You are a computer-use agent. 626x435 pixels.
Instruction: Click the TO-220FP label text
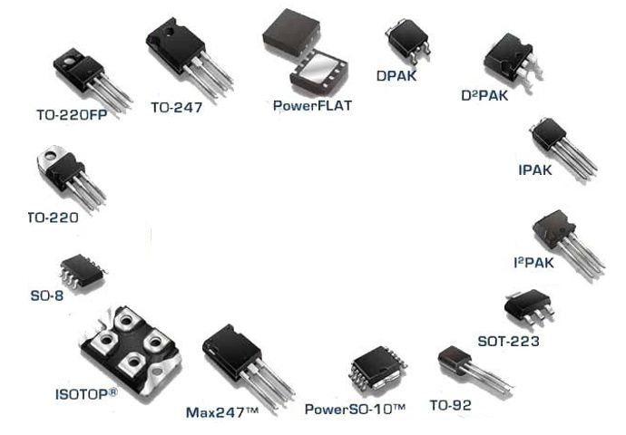(x=72, y=115)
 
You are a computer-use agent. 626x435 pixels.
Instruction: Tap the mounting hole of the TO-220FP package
(x=69, y=62)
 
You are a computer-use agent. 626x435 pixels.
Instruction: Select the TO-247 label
(x=177, y=107)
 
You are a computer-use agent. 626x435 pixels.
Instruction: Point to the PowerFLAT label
(x=312, y=106)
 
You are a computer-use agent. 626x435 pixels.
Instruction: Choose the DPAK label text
(x=396, y=76)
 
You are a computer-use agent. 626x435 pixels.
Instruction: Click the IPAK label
(x=535, y=169)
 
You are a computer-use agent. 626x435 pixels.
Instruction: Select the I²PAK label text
(x=533, y=263)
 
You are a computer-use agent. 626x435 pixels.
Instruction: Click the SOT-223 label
(x=508, y=342)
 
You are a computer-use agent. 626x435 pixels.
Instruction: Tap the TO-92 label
(x=450, y=405)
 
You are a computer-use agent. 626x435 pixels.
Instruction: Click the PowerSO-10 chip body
(x=377, y=366)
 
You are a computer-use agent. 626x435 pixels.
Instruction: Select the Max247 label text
(x=222, y=412)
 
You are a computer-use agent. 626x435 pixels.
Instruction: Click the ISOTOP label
(x=86, y=394)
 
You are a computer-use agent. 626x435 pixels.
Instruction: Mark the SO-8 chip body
(x=83, y=270)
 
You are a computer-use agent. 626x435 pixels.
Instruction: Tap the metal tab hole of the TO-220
(x=52, y=155)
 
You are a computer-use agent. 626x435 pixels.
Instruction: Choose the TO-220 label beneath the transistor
(x=54, y=217)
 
